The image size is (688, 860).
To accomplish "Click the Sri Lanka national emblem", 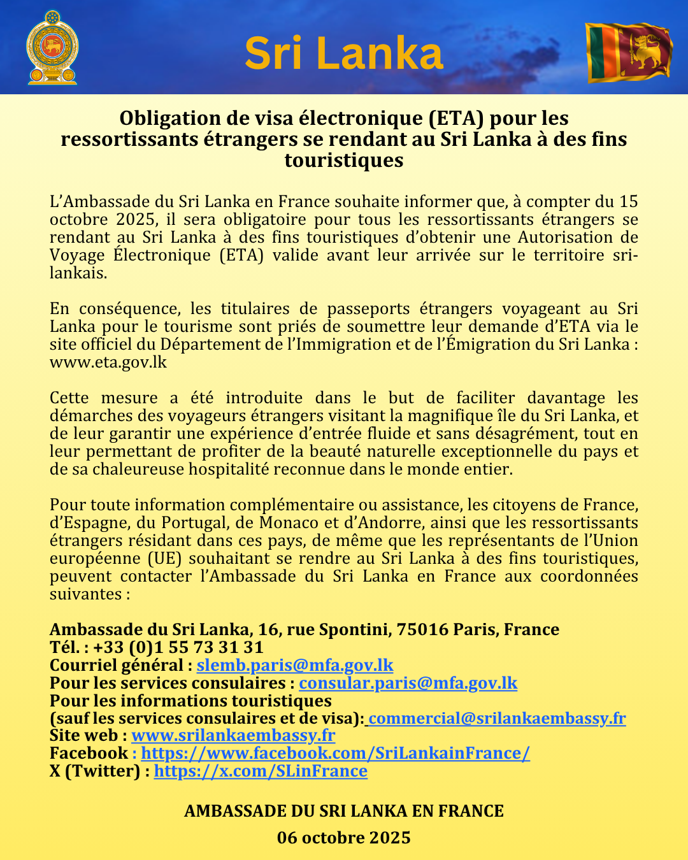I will pos(52,47).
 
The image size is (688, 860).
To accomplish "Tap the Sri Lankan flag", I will pos(629,52).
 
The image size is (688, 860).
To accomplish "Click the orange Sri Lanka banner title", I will pos(343,54).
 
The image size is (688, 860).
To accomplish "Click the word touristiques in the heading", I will pos(344,160).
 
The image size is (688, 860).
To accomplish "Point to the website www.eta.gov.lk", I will pos(108,362).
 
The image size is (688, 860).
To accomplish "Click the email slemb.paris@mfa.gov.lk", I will pos(295,665).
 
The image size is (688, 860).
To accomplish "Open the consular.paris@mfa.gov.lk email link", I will pos(408,683).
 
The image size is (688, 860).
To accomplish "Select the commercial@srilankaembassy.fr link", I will pos(497,719).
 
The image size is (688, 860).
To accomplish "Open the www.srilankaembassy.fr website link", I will pos(233,736).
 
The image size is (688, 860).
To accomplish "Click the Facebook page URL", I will pos(335,753).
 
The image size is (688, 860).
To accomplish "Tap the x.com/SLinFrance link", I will pos(261,771).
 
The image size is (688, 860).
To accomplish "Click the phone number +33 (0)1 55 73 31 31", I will pos(178,647).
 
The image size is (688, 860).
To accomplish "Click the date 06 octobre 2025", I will pos(344,837).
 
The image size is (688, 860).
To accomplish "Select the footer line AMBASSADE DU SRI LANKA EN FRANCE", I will pos(344,811).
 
